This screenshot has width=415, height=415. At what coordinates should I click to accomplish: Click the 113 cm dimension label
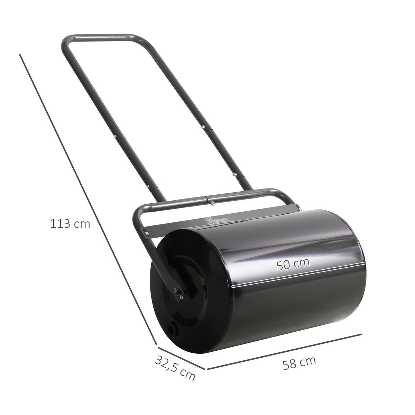pos(70,224)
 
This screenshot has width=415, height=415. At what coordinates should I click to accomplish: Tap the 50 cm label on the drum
pos(293,264)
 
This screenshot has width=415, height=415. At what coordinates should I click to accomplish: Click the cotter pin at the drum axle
pos(179,294)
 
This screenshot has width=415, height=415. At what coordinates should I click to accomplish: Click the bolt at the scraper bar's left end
pos(148,234)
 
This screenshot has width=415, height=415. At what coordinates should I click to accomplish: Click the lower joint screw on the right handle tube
pos(235,175)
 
